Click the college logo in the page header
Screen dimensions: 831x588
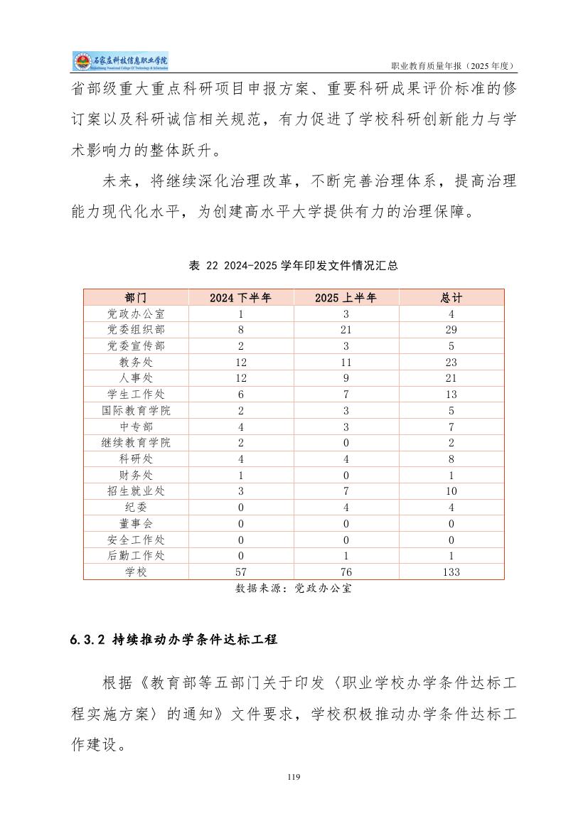click(x=120, y=62)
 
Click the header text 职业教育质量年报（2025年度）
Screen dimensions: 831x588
click(x=453, y=66)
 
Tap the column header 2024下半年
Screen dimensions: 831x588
click(x=240, y=297)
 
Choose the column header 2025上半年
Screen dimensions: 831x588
click(x=346, y=297)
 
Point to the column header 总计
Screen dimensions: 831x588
click(x=451, y=297)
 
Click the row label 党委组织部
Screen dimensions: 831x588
click(x=136, y=330)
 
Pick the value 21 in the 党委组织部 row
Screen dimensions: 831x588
click(x=346, y=330)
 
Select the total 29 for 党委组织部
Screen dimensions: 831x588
click(x=451, y=330)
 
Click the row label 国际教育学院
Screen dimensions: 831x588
click(x=136, y=410)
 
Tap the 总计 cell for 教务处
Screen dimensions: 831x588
click(x=451, y=362)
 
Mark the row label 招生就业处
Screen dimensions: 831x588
click(x=136, y=491)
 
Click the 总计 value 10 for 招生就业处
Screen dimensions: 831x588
click(x=451, y=491)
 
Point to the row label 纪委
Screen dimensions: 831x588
click(x=136, y=507)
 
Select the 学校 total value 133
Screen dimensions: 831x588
click(x=451, y=572)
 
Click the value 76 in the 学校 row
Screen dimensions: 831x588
click(x=346, y=572)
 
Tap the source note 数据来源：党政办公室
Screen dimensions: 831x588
click(x=294, y=589)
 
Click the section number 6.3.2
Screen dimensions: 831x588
click(x=88, y=640)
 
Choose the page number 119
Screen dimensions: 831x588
click(x=294, y=777)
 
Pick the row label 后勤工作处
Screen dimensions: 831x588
click(x=136, y=555)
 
